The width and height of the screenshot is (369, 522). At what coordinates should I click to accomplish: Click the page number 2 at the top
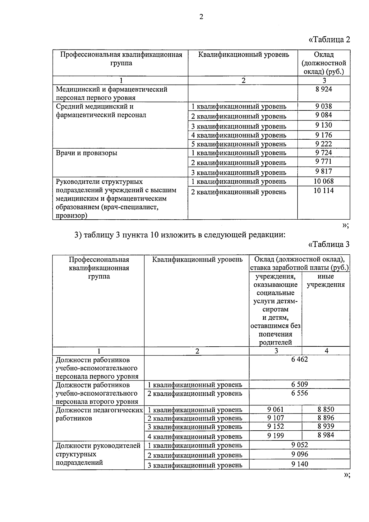pos(201,17)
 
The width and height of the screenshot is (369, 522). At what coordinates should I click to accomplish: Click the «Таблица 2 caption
pos(329,40)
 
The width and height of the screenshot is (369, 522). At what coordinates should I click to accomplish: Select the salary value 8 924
pos(323,90)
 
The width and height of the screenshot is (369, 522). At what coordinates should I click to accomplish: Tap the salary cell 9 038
pos(323,106)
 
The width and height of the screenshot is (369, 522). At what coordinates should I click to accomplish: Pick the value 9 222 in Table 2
pos(323,144)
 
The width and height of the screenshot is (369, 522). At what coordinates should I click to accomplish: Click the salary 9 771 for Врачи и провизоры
pos(323,161)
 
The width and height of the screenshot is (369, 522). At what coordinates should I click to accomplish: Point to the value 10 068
pos(323,181)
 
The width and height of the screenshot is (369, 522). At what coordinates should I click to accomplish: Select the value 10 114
pos(323,191)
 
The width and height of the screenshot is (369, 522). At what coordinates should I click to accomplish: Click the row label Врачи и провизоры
pos(86,153)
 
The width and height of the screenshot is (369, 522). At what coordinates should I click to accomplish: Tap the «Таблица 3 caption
pos(329,244)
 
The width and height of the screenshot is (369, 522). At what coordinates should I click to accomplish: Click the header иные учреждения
pos(326,281)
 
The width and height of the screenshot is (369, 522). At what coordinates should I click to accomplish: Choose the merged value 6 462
pos(300,359)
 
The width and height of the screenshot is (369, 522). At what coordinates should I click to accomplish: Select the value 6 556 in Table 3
pos(300,393)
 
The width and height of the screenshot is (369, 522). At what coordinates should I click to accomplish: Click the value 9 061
pos(276,409)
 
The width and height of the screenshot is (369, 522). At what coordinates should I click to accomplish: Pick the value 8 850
pos(326,409)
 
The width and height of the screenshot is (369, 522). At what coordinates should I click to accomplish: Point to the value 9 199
pos(276,436)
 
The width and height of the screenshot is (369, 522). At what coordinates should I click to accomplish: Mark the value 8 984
pos(326,435)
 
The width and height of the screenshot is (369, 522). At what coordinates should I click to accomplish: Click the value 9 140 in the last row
pos(300,464)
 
